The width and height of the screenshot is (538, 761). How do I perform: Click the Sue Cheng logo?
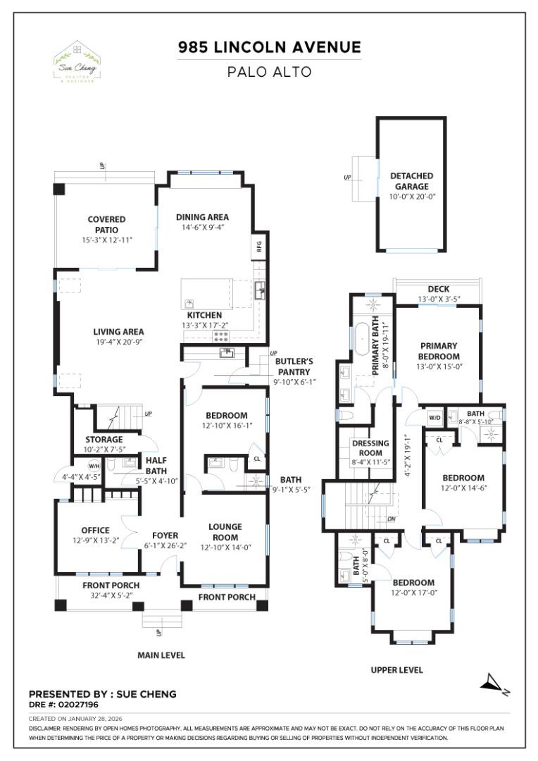click(x=76, y=62)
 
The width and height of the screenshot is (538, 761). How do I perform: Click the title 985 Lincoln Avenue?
click(x=269, y=48)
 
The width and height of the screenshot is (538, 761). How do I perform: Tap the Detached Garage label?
click(x=411, y=181)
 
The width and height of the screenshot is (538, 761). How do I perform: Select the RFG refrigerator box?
click(x=258, y=247)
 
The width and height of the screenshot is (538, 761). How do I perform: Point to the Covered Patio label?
click(x=107, y=225)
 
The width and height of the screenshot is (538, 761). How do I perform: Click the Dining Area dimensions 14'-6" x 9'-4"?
click(x=202, y=228)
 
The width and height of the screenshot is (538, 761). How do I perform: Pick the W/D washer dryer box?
click(x=434, y=417)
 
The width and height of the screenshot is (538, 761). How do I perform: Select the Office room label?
click(x=95, y=531)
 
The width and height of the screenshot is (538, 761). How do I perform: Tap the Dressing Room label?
click(x=370, y=448)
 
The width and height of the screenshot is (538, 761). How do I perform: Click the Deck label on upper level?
click(x=439, y=290)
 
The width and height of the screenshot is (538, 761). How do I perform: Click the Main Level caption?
click(x=161, y=655)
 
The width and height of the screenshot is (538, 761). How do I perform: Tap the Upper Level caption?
click(x=397, y=670)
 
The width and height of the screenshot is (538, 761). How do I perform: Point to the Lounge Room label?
click(x=225, y=531)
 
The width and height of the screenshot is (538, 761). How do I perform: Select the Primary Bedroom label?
click(x=439, y=351)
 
